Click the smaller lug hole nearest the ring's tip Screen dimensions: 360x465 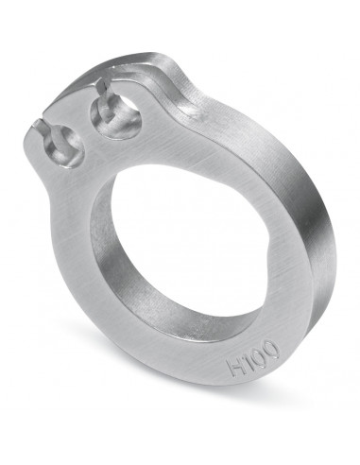click(66, 147)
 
